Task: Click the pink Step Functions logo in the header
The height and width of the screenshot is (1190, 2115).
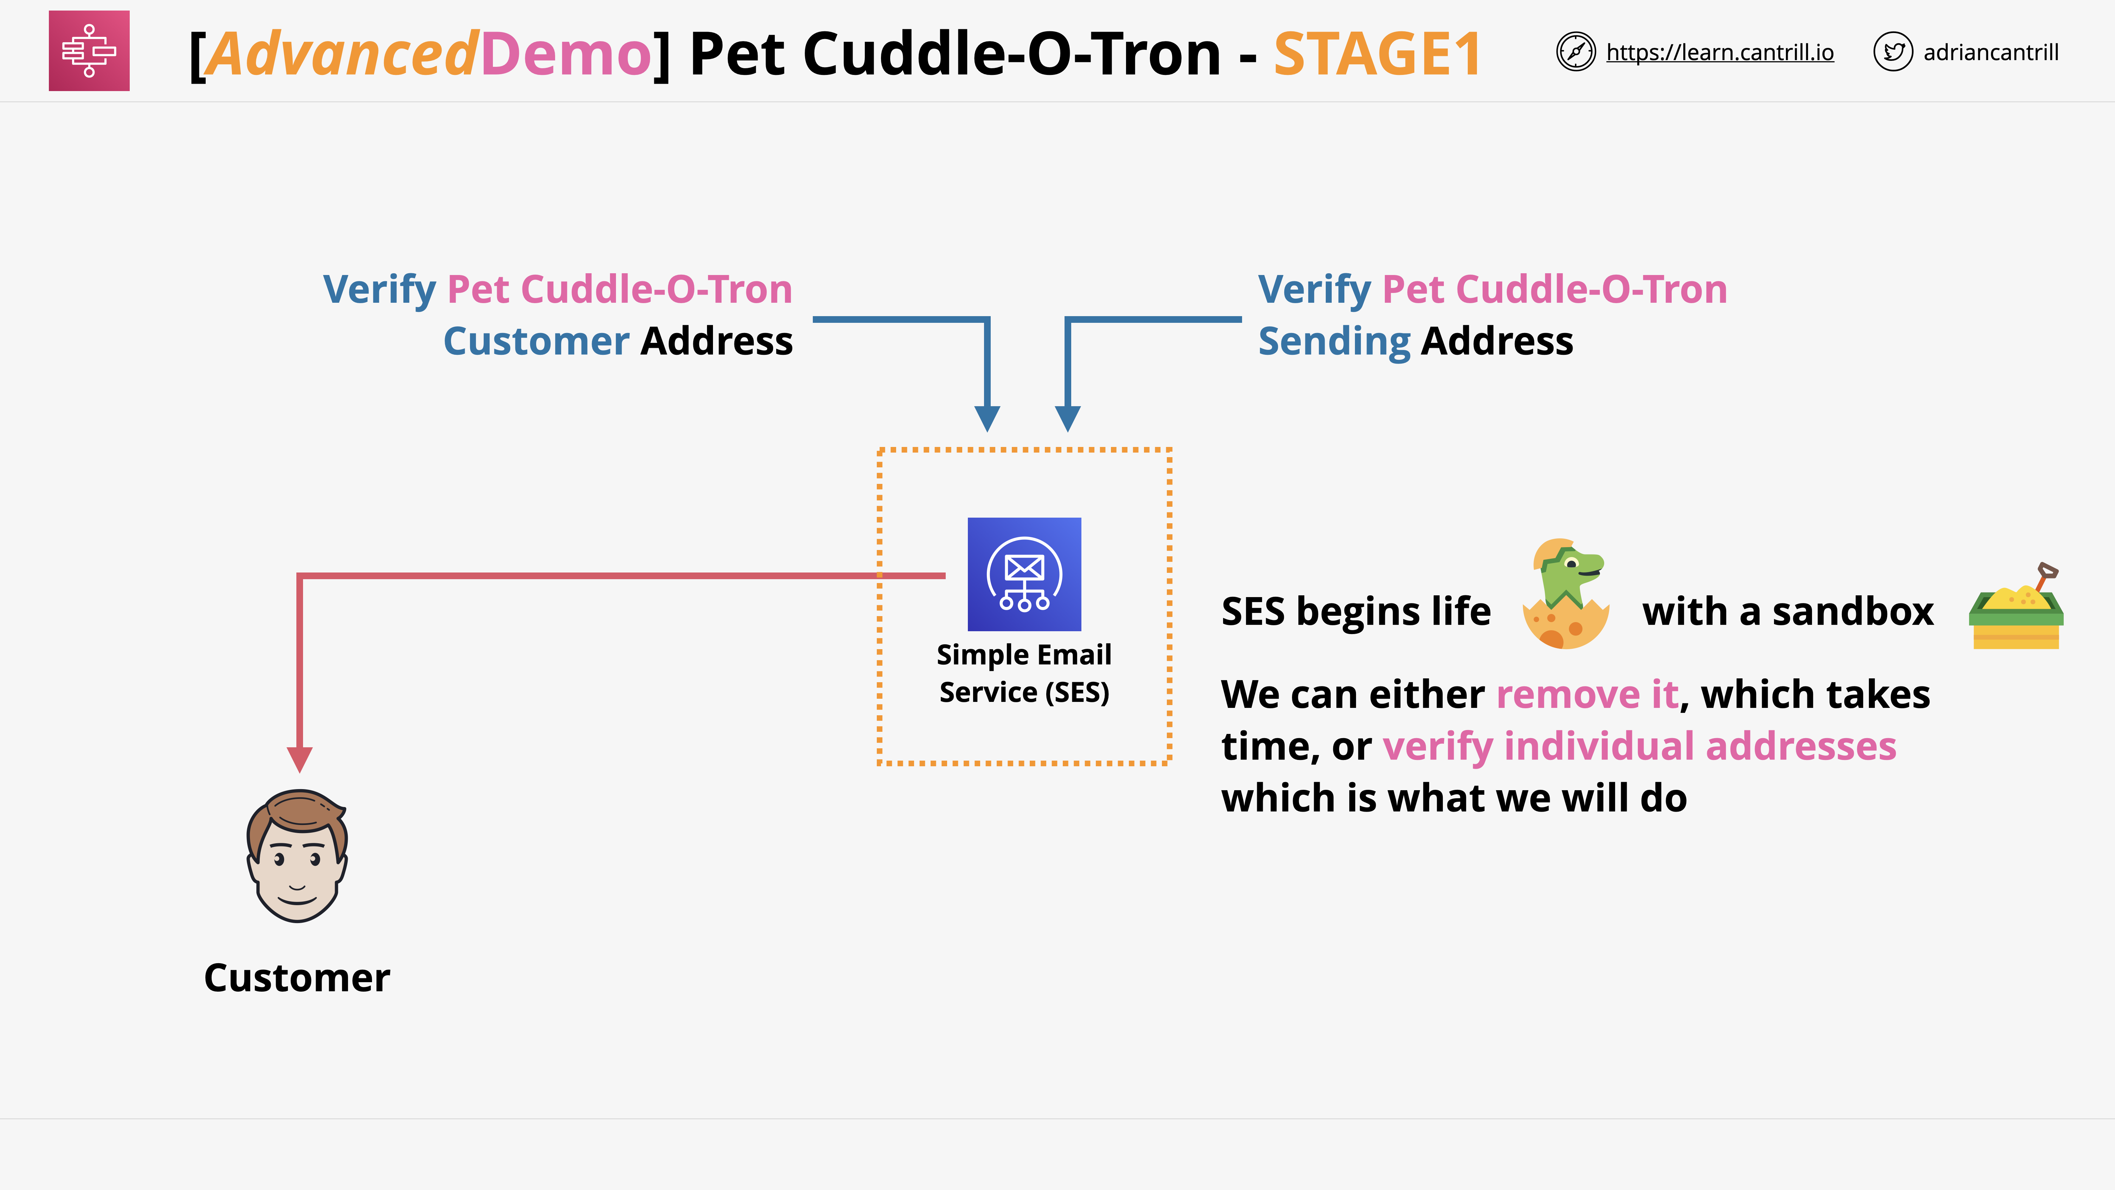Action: point(89,51)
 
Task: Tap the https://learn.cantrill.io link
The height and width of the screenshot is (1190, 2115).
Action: point(1719,52)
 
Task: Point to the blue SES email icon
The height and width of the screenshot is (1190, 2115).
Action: point(1024,574)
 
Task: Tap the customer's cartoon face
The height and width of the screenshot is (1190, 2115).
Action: point(297,857)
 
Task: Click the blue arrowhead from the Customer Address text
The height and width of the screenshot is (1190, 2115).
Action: point(987,418)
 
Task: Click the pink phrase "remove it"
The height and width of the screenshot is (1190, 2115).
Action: point(1586,695)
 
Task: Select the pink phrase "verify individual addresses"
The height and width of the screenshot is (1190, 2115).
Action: point(1639,747)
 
